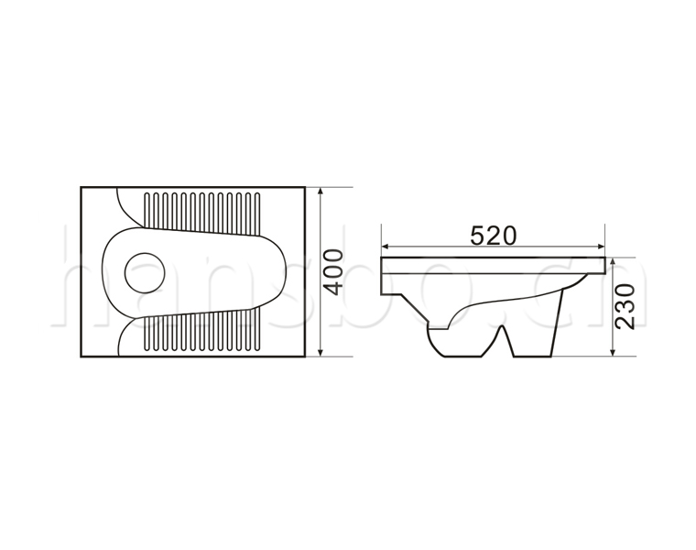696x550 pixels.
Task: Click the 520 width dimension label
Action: click(x=494, y=236)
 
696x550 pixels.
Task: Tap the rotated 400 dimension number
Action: click(x=333, y=272)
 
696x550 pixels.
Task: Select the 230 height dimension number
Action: click(x=625, y=306)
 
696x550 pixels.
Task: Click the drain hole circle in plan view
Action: click(x=145, y=273)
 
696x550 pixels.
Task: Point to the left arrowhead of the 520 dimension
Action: click(x=386, y=247)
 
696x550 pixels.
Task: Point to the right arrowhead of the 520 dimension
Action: click(x=602, y=247)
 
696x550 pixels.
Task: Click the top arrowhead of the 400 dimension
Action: click(x=321, y=192)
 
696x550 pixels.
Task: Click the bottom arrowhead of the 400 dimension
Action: click(x=321, y=352)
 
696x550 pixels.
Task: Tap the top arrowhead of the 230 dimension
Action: click(x=613, y=261)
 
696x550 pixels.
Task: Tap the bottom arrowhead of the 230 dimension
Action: click(x=613, y=352)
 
